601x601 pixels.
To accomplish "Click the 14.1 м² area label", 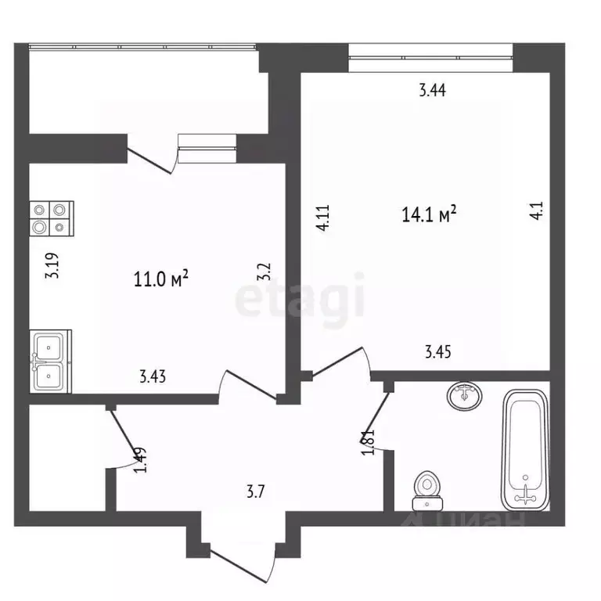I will coord(428,213).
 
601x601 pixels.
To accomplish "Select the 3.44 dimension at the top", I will coord(432,90).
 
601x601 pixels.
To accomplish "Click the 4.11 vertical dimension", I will coord(323,217).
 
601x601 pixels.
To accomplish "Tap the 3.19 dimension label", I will coord(52,265).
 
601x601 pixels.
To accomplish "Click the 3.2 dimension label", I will coord(265,272).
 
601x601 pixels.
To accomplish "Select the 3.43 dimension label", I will coord(152,376).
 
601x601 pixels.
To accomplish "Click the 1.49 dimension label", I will coord(139,459).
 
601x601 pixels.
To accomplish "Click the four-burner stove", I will coord(52,218).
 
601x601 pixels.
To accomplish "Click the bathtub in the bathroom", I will coord(524,449).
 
